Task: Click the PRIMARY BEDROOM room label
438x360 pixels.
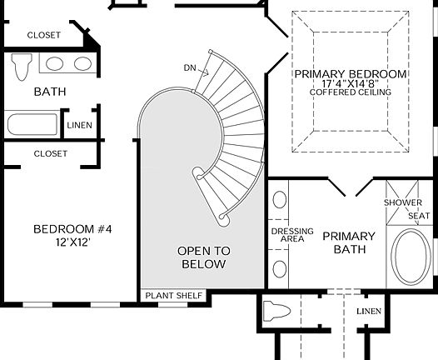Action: point(350,74)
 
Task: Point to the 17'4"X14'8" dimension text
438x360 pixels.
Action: point(350,84)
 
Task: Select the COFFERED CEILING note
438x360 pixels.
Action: point(350,92)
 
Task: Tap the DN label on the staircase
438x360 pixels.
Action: point(191,67)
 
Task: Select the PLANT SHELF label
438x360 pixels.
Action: point(173,296)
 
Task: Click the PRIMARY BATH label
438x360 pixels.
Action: point(349,242)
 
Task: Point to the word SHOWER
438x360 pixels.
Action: point(403,202)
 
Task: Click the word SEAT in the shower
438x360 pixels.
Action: point(418,216)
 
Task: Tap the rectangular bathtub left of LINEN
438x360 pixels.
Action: point(32,125)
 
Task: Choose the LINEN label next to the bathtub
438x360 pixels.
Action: point(80,125)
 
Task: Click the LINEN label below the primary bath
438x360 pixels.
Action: point(368,312)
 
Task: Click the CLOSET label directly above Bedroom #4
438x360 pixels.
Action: point(50,153)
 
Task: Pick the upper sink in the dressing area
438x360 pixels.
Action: point(280,201)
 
